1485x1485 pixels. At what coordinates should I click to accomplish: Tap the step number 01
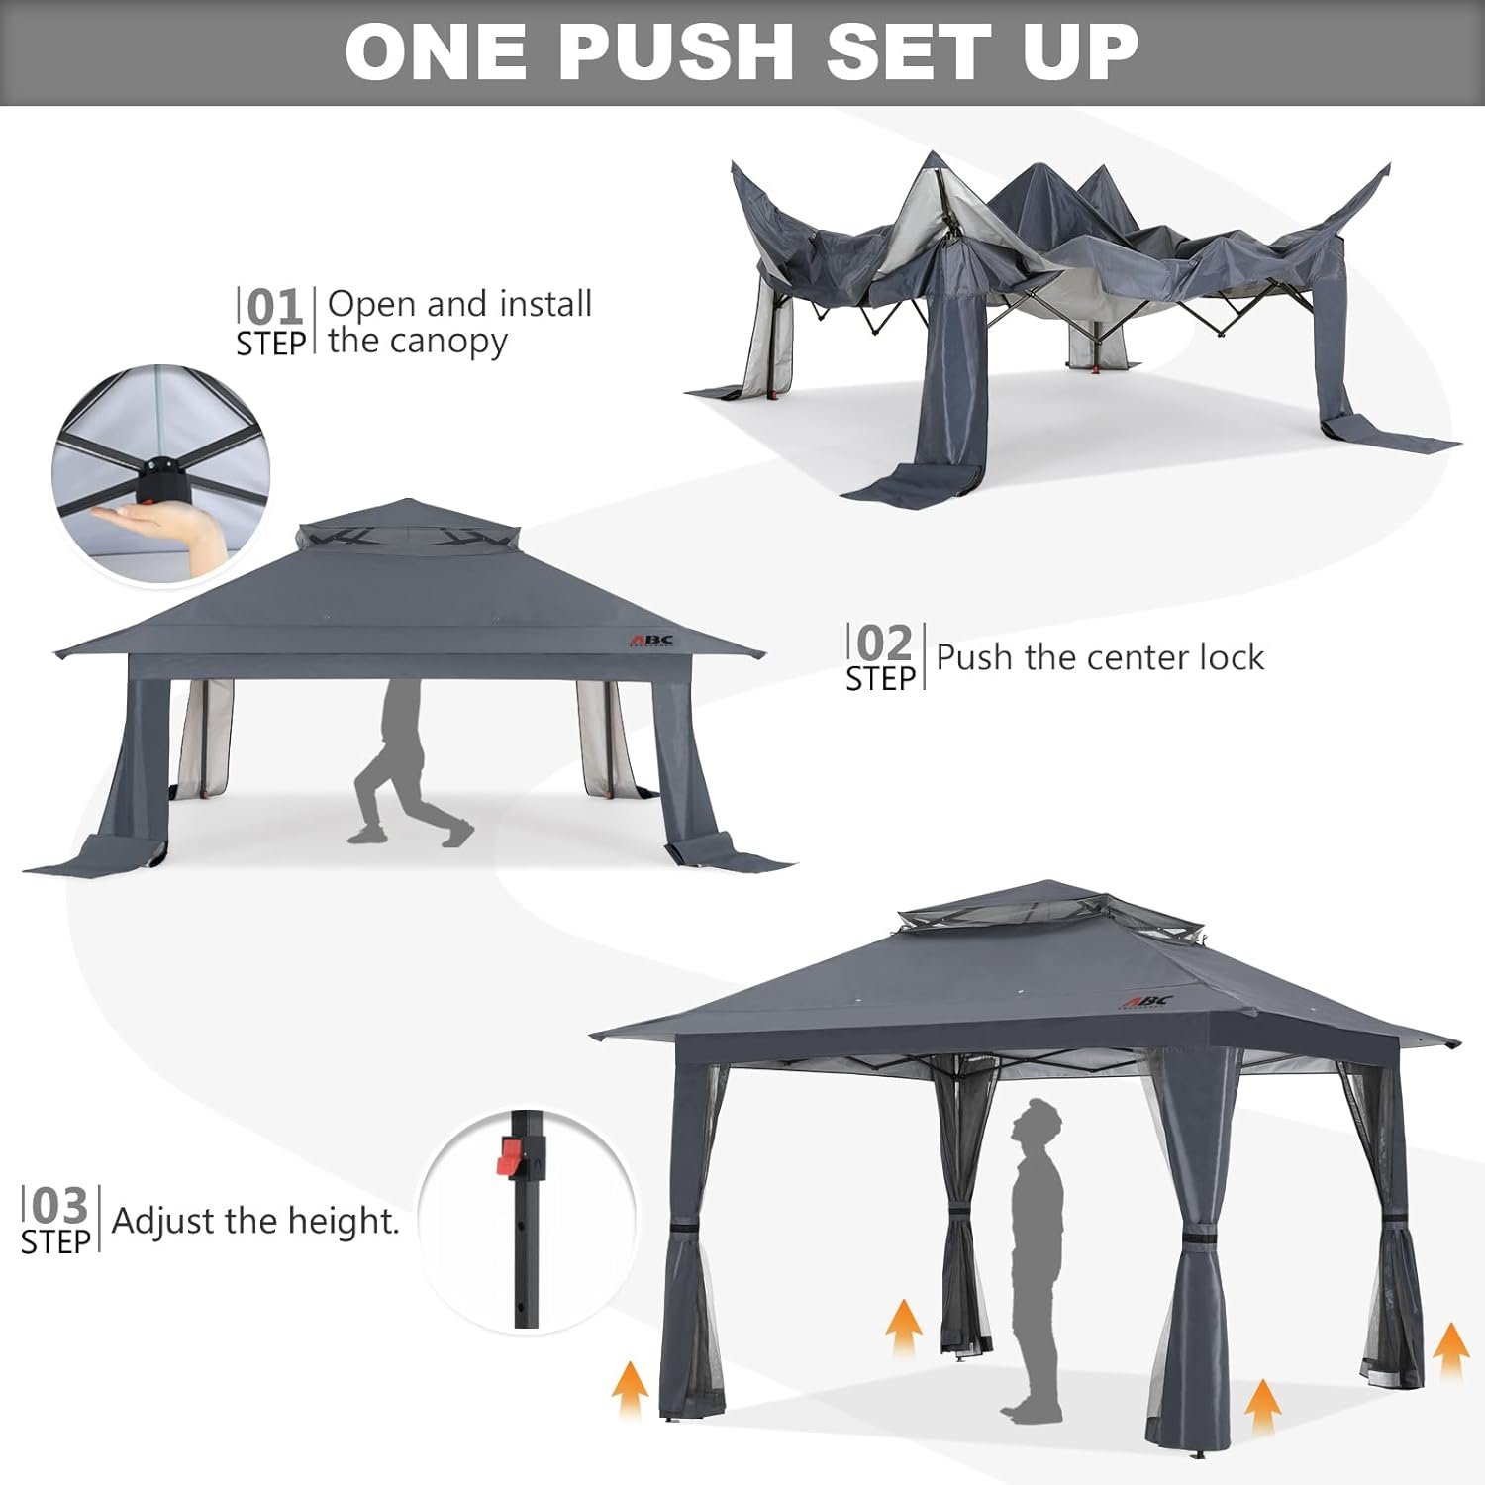click(x=274, y=308)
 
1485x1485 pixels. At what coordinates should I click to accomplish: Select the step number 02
click(x=884, y=643)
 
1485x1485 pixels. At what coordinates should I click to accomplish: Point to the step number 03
click(x=59, y=1206)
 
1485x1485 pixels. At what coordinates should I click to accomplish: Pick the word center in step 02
click(x=1111, y=657)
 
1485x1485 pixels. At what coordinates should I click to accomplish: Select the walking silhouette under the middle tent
click(x=406, y=762)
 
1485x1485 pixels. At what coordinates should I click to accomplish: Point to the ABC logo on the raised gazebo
click(x=1148, y=1000)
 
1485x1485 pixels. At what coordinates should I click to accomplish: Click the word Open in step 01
click(x=372, y=304)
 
